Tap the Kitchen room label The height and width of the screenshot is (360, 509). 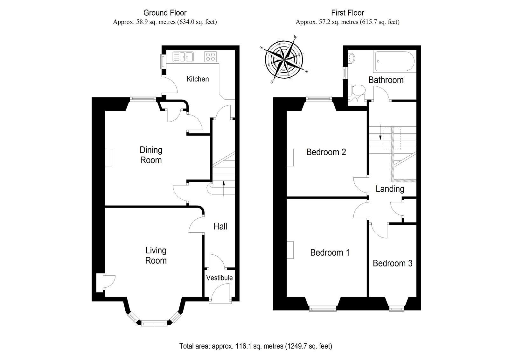tap(198, 79)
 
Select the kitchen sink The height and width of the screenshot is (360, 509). tap(184, 57)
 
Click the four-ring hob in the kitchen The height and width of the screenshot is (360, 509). tap(210, 57)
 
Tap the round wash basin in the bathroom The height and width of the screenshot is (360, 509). tap(352, 59)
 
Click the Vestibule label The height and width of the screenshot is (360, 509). tap(219, 278)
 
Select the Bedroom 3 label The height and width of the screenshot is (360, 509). tap(392, 264)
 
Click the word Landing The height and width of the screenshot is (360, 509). tap(390, 189)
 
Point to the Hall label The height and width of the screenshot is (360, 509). tap(220, 227)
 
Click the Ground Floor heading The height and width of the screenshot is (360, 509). tap(165, 13)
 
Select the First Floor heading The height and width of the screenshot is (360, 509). tap(347, 13)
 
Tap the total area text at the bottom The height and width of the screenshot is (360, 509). tap(255, 346)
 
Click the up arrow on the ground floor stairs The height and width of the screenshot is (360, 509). tap(224, 188)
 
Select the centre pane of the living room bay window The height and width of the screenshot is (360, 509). tap(154, 323)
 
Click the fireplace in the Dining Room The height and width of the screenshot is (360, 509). tap(109, 158)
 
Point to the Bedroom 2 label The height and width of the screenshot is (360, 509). tap(326, 152)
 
